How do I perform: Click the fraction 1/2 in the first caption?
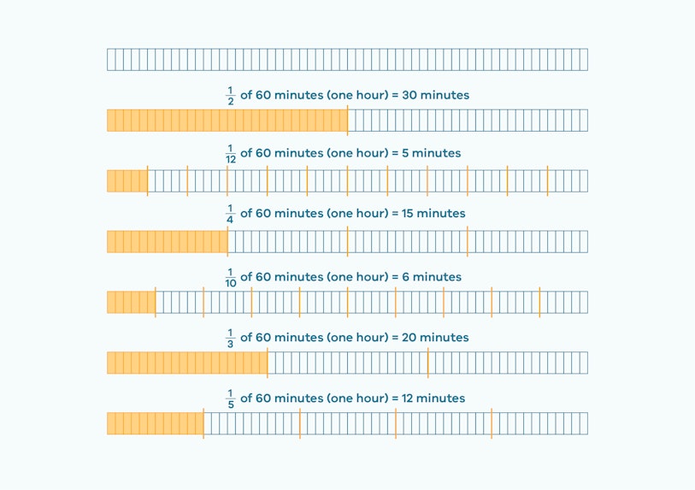[x=229, y=96]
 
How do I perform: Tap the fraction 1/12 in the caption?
[x=229, y=154]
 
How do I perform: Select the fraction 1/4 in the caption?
[x=229, y=214]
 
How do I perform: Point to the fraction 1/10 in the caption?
[x=229, y=277]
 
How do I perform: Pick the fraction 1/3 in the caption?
[x=229, y=338]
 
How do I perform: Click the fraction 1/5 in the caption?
[x=229, y=398]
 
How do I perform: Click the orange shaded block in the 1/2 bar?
[x=227, y=121]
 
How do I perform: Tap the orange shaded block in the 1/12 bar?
[x=127, y=181]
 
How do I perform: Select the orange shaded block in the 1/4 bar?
[x=167, y=242]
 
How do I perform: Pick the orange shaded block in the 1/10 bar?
[x=131, y=303]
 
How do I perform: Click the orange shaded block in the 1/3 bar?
[x=186, y=363]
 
